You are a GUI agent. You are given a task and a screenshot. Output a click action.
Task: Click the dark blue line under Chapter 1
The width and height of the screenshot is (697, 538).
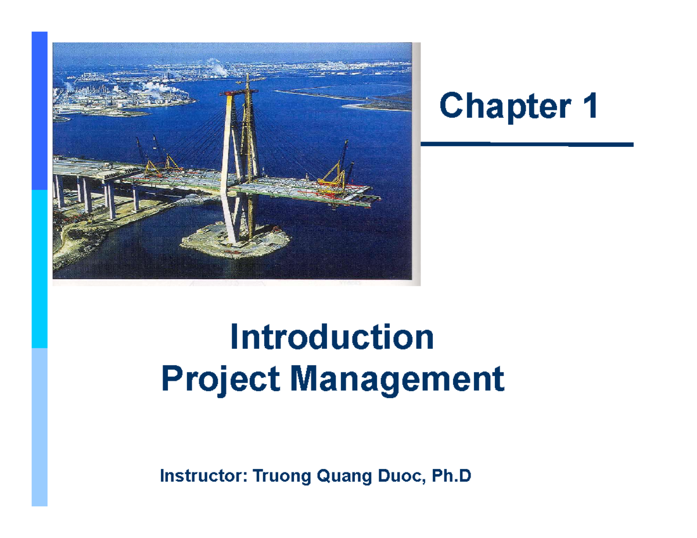coord(526,144)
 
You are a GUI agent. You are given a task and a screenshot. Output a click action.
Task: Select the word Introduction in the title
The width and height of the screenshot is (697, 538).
coord(332,338)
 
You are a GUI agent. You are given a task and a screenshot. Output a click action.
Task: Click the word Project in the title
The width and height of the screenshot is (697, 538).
coord(221,381)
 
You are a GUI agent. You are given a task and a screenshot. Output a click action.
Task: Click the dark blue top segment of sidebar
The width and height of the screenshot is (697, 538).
coord(39,110)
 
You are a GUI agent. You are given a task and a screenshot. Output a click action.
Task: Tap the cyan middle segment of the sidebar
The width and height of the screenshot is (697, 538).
coord(39,269)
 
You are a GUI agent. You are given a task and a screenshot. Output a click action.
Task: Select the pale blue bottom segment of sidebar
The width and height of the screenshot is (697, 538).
coord(39,427)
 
